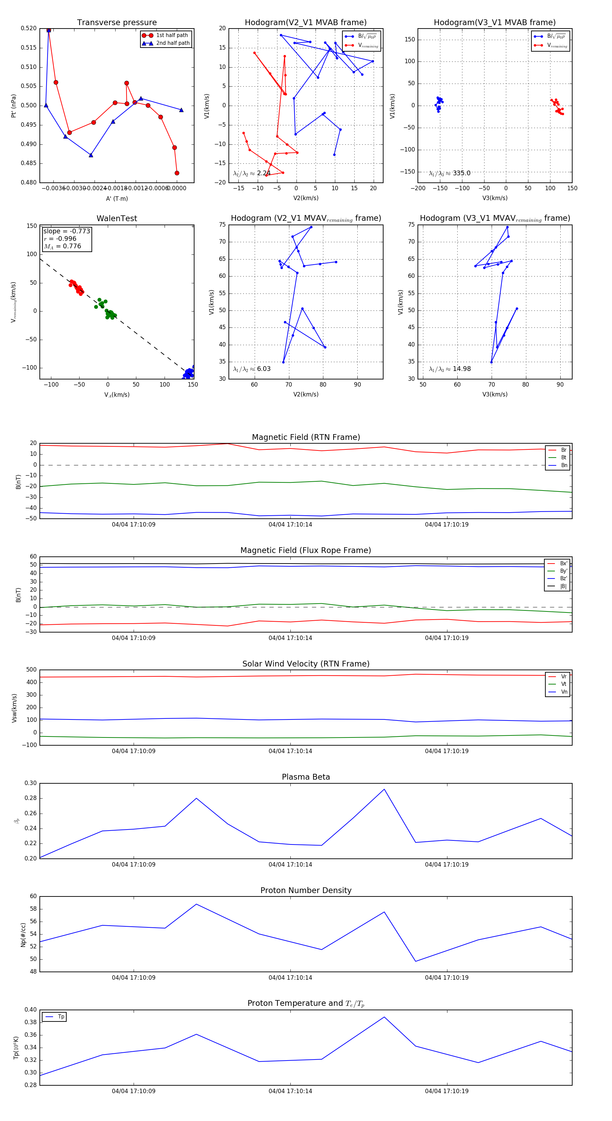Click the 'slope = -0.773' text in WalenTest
pyautogui.click(x=67, y=231)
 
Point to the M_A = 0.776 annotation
pyautogui.click(x=62, y=246)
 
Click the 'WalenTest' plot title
pyautogui.click(x=117, y=218)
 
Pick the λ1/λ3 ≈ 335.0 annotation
pyautogui.click(x=449, y=173)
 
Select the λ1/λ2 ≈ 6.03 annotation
pyautogui.click(x=252, y=369)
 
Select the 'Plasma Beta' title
pyautogui.click(x=306, y=777)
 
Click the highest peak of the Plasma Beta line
pyautogui.click(x=384, y=789)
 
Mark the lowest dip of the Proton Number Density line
pyautogui.click(x=415, y=961)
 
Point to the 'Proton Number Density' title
pyautogui.click(x=306, y=890)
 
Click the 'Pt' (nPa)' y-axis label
pyautogui.click(x=14, y=106)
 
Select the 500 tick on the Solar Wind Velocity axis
pyautogui.click(x=31, y=670)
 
